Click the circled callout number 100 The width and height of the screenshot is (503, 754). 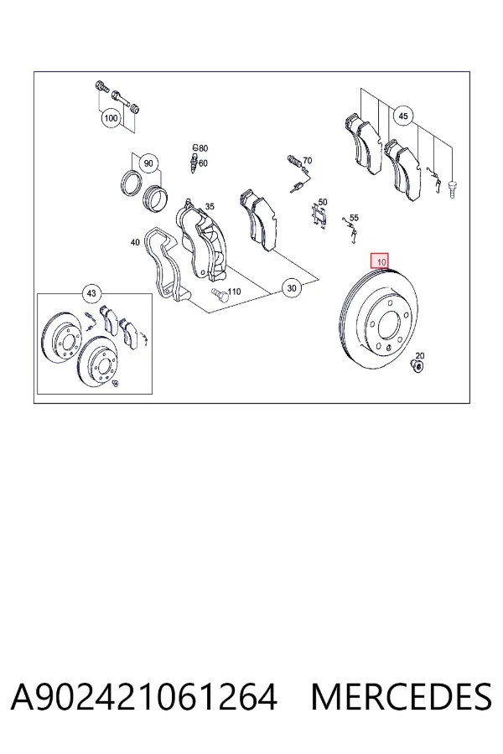[111, 118]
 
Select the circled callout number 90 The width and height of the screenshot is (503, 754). [148, 163]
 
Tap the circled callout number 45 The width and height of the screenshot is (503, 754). [403, 116]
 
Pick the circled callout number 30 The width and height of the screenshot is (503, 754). [291, 288]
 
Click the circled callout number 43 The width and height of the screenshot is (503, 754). [91, 293]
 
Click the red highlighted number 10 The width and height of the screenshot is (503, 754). [381, 262]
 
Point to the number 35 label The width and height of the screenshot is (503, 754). [210, 207]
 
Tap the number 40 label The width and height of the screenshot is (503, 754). [135, 242]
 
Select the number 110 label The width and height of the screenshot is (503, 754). [234, 292]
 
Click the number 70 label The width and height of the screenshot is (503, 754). [307, 161]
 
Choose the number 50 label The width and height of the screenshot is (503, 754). [323, 203]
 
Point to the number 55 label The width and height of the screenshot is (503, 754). [354, 218]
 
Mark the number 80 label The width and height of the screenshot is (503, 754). [203, 148]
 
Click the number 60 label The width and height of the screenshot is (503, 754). [203, 163]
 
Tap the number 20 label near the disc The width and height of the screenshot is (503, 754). [420, 356]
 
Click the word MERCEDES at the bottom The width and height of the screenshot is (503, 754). [401, 696]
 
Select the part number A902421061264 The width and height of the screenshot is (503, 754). [144, 696]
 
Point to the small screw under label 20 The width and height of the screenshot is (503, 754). [417, 365]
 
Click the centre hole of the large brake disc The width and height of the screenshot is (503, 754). [389, 325]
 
